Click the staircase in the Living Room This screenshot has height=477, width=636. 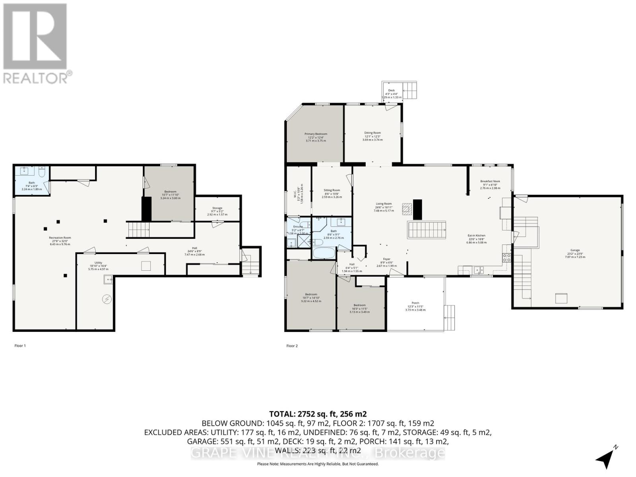pyautogui.click(x=427, y=230)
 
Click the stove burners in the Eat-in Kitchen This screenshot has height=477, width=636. pyautogui.click(x=507, y=258)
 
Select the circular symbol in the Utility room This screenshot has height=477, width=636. pyautogui.click(x=107, y=299)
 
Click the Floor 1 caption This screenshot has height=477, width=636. pyautogui.click(x=20, y=346)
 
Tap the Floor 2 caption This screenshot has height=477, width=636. pyautogui.click(x=292, y=346)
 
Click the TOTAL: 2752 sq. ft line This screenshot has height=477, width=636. pyautogui.click(x=318, y=414)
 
